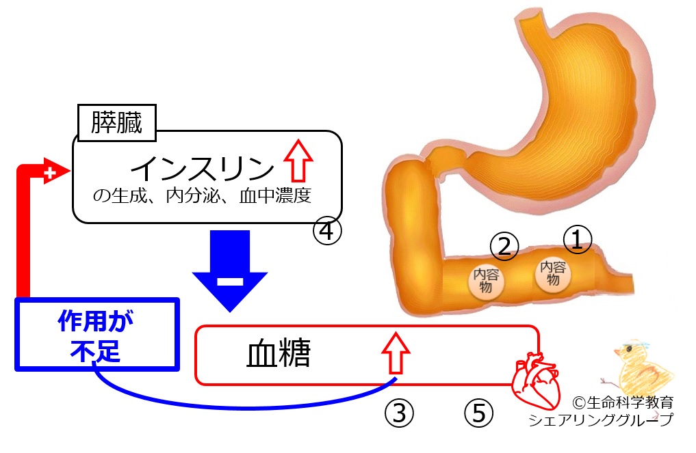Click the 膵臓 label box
(117, 123)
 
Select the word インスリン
(203, 169)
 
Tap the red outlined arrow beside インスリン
(298, 161)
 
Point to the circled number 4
(328, 231)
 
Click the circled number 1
(578, 240)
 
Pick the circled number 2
(504, 247)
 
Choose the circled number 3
(399, 413)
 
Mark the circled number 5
(478, 413)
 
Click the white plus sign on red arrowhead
(50, 172)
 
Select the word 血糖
(279, 354)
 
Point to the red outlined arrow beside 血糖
(396, 353)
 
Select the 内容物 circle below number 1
(553, 273)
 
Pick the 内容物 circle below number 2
(486, 281)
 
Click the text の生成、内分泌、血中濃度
(202, 195)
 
